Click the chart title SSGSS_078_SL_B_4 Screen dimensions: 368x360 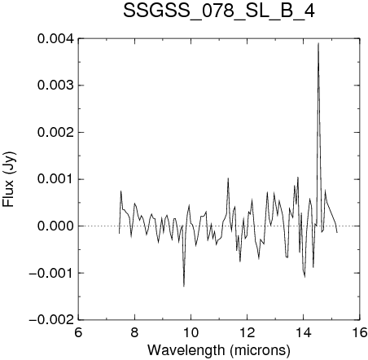pyautogui.click(x=219, y=11)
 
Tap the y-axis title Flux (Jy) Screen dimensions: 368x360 pyautogui.click(x=9, y=179)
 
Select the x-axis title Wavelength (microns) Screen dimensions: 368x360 pyautogui.click(x=219, y=349)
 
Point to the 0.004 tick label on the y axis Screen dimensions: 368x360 pyautogui.click(x=55, y=39)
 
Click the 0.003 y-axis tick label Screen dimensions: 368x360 pyautogui.click(x=55, y=86)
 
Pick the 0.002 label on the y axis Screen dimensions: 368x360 pyautogui.click(x=55, y=133)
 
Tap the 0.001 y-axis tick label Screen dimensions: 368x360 pyautogui.click(x=55, y=179)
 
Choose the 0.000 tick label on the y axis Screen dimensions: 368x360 pyautogui.click(x=55, y=226)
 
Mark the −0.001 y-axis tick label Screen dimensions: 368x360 pyautogui.click(x=51, y=273)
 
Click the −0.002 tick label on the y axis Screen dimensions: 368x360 pyautogui.click(x=51, y=319)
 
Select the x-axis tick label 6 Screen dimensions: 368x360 pyautogui.click(x=78, y=332)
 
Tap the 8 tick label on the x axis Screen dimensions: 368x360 pyautogui.click(x=134, y=332)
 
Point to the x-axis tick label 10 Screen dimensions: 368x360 pyautogui.click(x=191, y=332)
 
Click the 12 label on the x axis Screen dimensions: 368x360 pyautogui.click(x=248, y=332)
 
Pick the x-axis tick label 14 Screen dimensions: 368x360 pyautogui.click(x=304, y=332)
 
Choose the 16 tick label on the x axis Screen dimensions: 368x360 pyautogui.click(x=360, y=332)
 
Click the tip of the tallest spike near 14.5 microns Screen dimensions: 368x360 pyautogui.click(x=318, y=43)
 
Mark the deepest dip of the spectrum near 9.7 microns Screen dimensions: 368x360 pyautogui.click(x=184, y=286)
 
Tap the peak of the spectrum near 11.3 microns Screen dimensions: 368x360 pyautogui.click(x=228, y=178)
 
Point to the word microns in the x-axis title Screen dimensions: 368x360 pyautogui.click(x=260, y=350)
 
